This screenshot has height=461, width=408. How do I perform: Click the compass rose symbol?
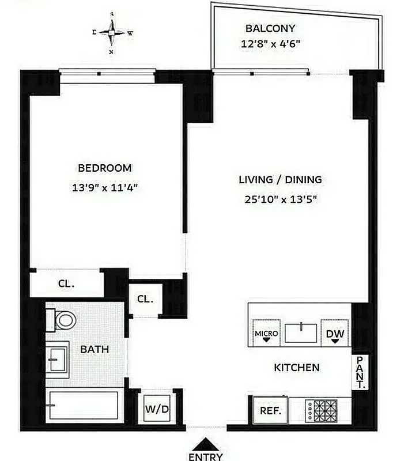pyautogui.click(x=112, y=33)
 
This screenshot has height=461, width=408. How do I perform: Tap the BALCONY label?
pyautogui.click(x=270, y=28)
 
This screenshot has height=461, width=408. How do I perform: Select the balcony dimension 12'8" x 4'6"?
pyautogui.click(x=270, y=43)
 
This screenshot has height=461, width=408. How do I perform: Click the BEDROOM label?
pyautogui.click(x=105, y=168)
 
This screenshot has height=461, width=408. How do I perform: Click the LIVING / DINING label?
pyautogui.click(x=280, y=180)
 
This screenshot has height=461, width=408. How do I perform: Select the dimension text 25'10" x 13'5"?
pyautogui.click(x=280, y=199)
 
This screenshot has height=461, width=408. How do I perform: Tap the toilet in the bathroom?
pyautogui.click(x=63, y=319)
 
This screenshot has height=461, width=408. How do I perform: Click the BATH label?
pyautogui.click(x=95, y=349)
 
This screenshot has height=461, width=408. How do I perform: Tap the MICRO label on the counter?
pyautogui.click(x=266, y=334)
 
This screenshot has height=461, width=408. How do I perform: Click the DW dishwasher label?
pyautogui.click(x=335, y=334)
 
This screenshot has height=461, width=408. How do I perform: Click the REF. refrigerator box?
pyautogui.click(x=270, y=411)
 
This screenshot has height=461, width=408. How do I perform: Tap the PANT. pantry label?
pyautogui.click(x=359, y=373)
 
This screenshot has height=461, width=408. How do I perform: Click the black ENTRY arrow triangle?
pyautogui.click(x=205, y=444)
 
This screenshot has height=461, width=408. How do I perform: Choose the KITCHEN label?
pyautogui.click(x=296, y=367)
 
